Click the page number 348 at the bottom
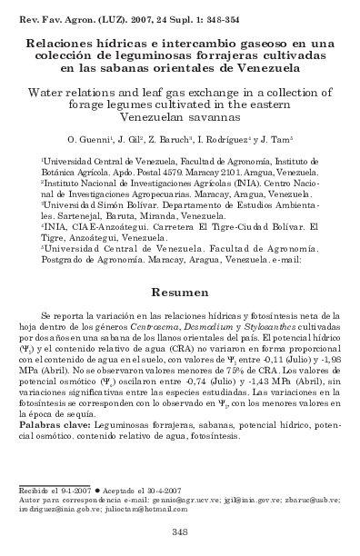coord(179,532)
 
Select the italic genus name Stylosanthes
coord(283,324)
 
